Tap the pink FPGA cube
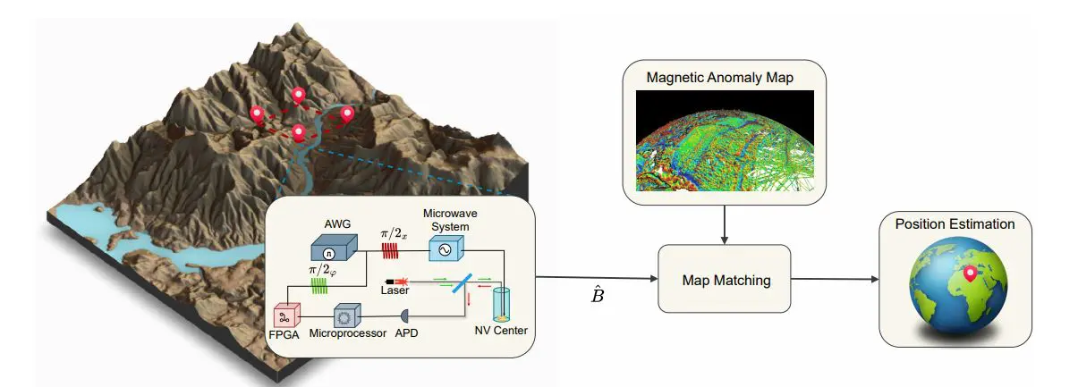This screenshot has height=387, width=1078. pyautogui.click(x=285, y=316)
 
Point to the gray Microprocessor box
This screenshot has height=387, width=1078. pyautogui.click(x=346, y=315)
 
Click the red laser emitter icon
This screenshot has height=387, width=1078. pyautogui.click(x=394, y=281)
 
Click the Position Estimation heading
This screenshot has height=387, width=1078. pyautogui.click(x=955, y=224)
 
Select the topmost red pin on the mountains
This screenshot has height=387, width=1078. pyautogui.click(x=299, y=96)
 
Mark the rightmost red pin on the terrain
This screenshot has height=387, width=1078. pyautogui.click(x=345, y=114)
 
